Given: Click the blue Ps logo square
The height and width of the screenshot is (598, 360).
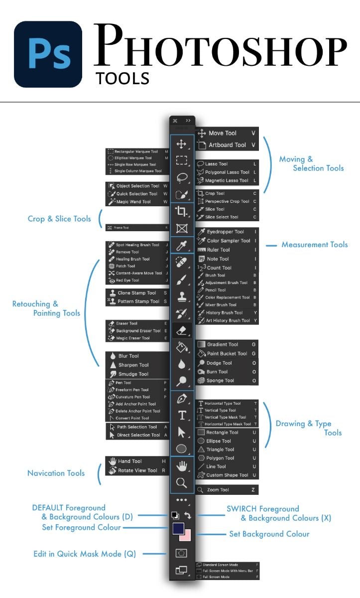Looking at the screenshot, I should point(48,54).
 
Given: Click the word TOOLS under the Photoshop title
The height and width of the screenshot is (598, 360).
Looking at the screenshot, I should point(122,78).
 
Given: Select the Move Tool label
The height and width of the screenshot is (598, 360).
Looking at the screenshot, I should point(223,133).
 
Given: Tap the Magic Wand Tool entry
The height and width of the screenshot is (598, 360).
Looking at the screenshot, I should point(133,202).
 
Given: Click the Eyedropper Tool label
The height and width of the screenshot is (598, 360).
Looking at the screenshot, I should point(225,232).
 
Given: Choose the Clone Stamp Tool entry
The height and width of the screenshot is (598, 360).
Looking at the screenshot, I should point(136,293).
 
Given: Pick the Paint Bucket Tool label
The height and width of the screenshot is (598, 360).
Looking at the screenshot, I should point(227,353).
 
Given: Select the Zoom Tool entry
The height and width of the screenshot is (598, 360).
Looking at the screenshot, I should point(218,490).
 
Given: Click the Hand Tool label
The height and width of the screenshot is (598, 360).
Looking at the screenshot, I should point(130,461).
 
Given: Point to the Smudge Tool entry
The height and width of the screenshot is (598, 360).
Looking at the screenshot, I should point(133,374).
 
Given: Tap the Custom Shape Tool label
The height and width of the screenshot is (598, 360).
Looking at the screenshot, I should point(227,475).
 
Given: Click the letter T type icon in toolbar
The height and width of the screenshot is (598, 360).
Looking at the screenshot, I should point(182,416).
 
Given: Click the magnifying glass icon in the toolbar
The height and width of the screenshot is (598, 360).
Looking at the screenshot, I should point(182,482).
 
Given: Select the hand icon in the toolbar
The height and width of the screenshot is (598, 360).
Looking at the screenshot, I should point(182,466).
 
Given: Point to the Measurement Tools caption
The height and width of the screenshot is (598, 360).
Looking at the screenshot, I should point(315,245).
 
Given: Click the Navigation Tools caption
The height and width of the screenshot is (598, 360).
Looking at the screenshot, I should point(56,473).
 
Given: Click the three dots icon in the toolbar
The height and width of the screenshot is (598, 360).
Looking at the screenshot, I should point(182,500).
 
